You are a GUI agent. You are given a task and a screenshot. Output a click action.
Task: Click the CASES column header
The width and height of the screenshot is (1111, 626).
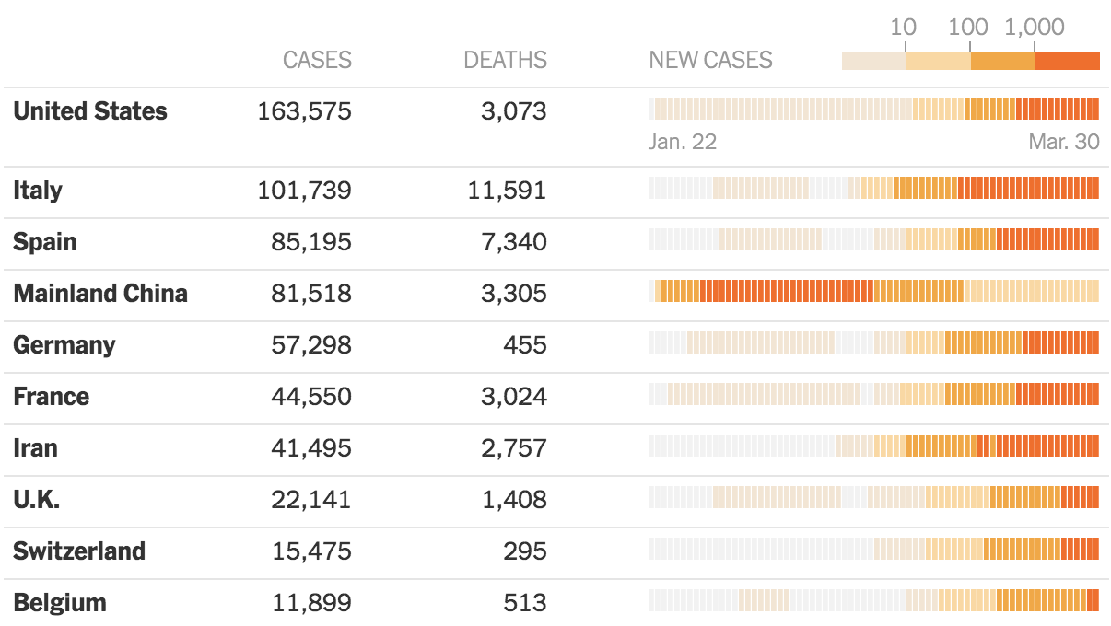point(317,61)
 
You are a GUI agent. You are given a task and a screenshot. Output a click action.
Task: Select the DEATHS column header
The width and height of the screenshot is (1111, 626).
point(505,61)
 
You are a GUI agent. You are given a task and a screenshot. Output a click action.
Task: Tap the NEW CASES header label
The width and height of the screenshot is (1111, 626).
point(710,61)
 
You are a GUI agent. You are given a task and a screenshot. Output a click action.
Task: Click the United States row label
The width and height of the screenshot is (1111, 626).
point(90,111)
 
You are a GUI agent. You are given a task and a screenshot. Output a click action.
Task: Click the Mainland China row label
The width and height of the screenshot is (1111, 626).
point(100,294)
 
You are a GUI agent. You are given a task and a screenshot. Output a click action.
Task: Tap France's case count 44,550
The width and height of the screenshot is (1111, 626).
point(311,397)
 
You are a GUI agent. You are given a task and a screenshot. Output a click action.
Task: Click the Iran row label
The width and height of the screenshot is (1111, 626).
point(35,448)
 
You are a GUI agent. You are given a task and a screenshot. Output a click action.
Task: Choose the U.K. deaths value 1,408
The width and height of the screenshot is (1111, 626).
point(513,500)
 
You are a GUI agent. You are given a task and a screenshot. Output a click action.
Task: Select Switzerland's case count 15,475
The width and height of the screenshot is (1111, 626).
point(311,551)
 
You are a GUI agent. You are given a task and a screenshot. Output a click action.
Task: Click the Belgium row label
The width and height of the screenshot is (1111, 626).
point(60,603)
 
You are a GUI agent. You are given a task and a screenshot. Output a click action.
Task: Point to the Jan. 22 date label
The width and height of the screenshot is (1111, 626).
point(683,143)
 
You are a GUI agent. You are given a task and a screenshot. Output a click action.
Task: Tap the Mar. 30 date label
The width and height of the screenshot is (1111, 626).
point(1064,143)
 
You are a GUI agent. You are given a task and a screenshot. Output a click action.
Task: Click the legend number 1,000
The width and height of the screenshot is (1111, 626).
point(1035,28)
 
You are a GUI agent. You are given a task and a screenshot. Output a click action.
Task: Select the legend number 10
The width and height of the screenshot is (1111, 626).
point(903,28)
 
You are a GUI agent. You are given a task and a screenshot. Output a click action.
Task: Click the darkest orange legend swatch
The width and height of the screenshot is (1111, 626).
point(1068,61)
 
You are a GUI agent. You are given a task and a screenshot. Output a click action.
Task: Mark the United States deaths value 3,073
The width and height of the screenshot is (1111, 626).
point(513,111)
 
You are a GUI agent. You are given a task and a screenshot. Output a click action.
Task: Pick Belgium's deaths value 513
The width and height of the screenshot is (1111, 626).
point(526,603)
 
